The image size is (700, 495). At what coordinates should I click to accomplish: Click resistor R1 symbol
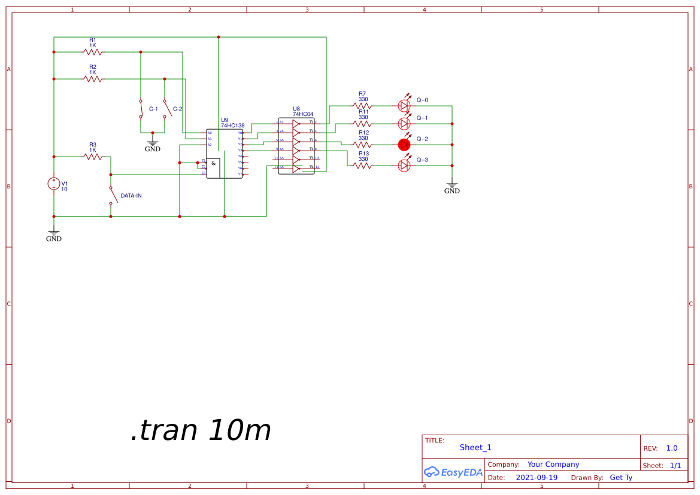(x=93, y=52)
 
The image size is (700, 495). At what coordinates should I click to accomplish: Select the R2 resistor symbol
(x=93, y=79)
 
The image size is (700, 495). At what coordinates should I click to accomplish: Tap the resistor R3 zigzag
(x=93, y=157)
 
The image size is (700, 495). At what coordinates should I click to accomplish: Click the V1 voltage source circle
(x=54, y=184)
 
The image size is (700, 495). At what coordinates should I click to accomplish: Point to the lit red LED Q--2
(x=404, y=144)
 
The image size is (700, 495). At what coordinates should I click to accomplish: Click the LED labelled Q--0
(x=404, y=106)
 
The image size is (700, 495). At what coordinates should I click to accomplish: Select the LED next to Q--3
(x=404, y=166)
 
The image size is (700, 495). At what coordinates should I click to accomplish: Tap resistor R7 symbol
(x=362, y=106)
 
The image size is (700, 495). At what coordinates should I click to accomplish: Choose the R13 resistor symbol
(x=363, y=166)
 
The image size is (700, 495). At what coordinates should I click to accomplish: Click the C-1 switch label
(x=153, y=109)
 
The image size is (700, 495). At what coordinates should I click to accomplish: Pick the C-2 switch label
(x=177, y=109)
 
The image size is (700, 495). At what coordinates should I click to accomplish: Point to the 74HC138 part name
(x=232, y=126)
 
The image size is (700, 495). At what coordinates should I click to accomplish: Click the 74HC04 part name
(x=302, y=114)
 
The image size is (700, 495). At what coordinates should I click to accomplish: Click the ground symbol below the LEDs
(x=452, y=188)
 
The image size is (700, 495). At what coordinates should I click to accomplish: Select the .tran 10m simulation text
(x=201, y=430)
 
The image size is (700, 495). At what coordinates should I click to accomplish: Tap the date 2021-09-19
(x=537, y=478)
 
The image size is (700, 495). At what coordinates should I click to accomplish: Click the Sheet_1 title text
(x=475, y=447)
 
